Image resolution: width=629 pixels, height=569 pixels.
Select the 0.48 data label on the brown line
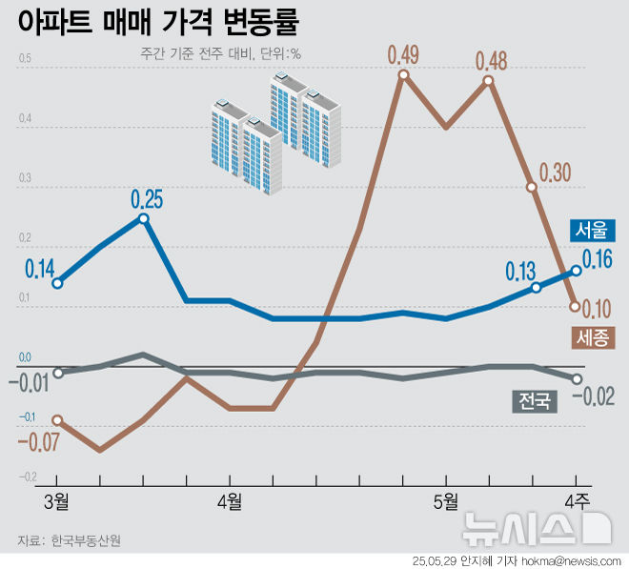click(x=492, y=61)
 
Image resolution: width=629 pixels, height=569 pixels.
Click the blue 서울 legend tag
click(x=593, y=230)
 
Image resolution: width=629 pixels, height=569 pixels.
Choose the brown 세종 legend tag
click(x=593, y=336)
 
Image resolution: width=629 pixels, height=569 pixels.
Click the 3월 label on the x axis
click(x=56, y=501)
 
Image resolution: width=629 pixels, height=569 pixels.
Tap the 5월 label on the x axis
click(x=447, y=501)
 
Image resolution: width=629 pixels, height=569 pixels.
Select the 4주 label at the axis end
click(x=578, y=501)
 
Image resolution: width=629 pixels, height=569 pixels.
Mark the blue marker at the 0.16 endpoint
click(x=576, y=271)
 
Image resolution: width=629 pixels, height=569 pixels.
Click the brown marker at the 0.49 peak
click(x=404, y=74)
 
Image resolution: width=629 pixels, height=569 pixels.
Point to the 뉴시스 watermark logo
click(x=535, y=527)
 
